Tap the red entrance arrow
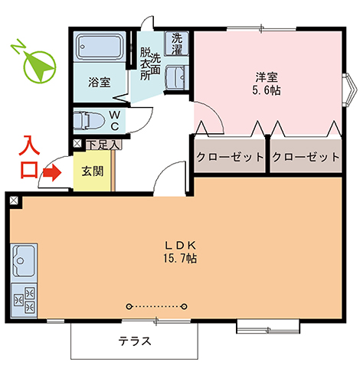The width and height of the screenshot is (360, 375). [52, 173]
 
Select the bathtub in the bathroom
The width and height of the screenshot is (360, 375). [100, 47]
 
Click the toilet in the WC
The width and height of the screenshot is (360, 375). [89, 120]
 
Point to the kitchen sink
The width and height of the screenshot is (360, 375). [24, 262]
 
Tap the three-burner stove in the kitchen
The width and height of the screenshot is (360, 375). [25, 301]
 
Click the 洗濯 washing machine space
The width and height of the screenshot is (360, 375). [177, 43]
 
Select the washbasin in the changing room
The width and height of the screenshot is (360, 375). [177, 78]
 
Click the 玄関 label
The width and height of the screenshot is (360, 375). [93, 171]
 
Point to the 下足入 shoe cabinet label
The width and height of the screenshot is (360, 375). [103, 145]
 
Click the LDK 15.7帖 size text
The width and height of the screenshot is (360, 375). [180, 252]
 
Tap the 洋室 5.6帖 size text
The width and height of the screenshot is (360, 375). [267, 83]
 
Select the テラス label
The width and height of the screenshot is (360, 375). [135, 341]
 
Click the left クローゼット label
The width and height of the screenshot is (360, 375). [230, 157]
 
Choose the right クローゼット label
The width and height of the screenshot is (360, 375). [306, 157]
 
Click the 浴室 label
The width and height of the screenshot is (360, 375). [100, 82]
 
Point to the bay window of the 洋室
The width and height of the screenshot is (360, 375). [349, 90]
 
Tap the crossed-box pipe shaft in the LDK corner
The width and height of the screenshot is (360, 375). [14, 201]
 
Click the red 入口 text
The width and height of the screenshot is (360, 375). [29, 157]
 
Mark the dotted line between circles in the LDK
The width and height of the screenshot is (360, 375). [157, 306]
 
